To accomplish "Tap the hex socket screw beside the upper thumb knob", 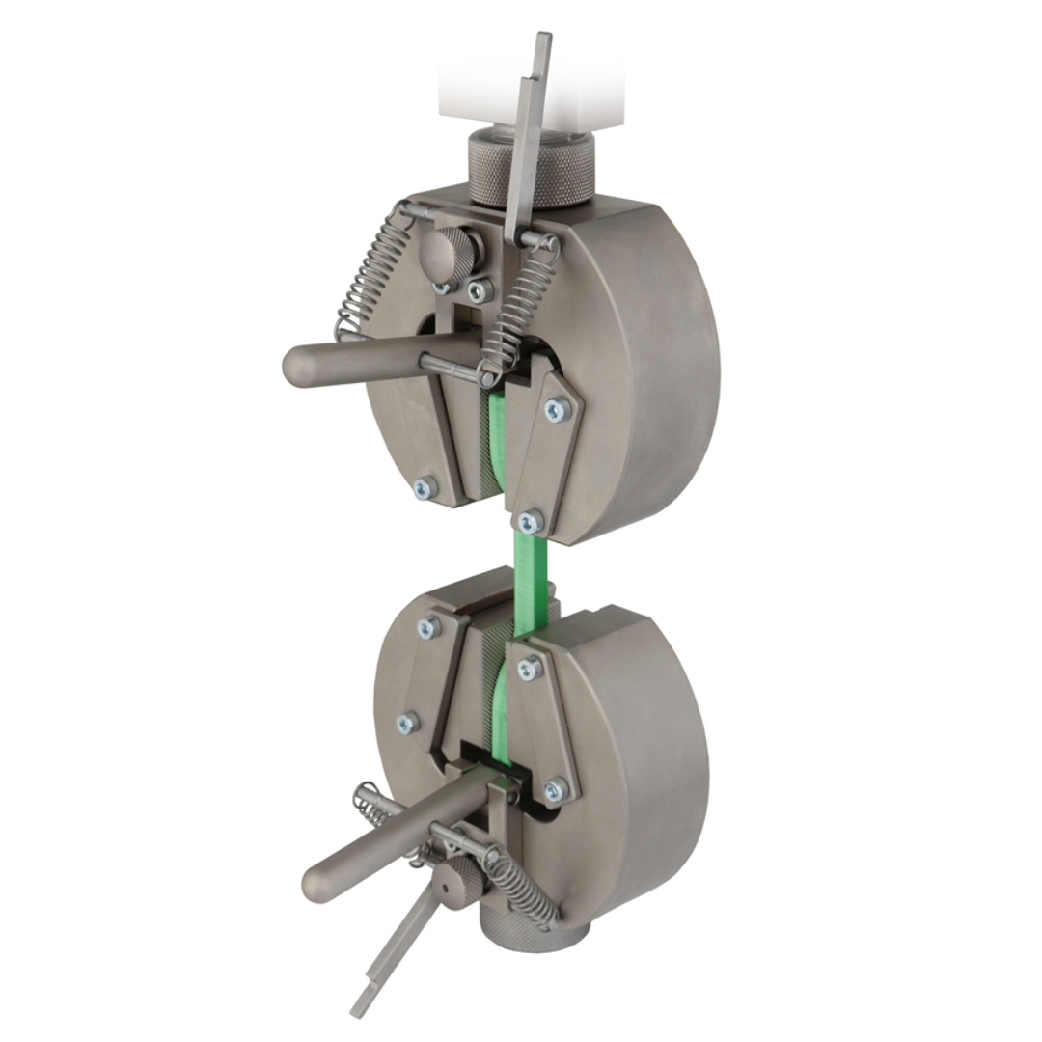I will coord(480,288).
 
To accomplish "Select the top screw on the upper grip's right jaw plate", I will coord(557,410).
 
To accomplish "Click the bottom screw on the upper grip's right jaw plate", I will coord(529,522).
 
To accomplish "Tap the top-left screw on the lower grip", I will coord(427,628).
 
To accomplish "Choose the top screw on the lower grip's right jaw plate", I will coord(529,667).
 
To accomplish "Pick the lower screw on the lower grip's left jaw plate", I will coord(408,722).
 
